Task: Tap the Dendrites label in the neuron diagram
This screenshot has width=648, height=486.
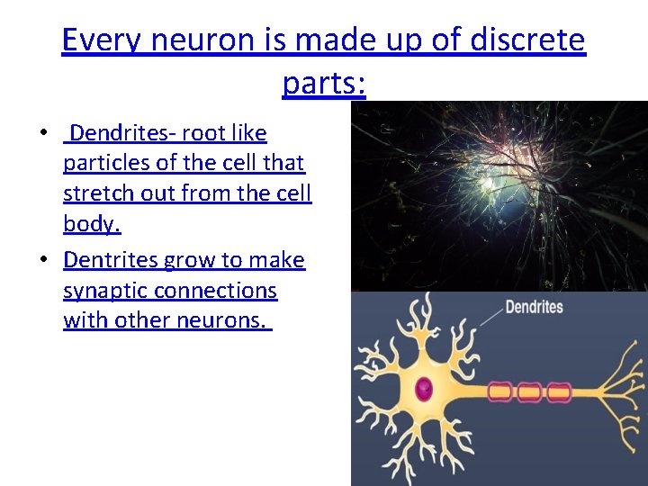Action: click(x=534, y=308)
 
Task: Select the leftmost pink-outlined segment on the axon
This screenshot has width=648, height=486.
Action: click(x=499, y=391)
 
